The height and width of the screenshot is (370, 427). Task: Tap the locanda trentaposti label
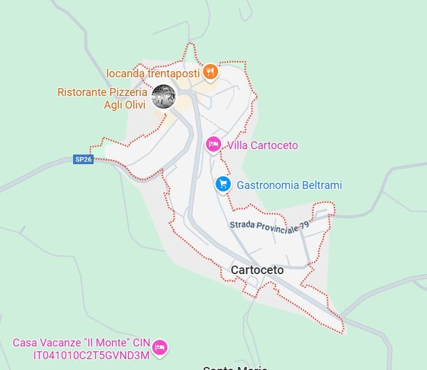[x=153, y=73]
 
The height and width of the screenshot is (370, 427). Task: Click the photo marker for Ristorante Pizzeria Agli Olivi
[x=163, y=97]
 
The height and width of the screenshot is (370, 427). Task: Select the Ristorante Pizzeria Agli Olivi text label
[x=102, y=98]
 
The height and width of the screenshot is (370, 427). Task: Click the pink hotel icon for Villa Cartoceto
[x=213, y=144]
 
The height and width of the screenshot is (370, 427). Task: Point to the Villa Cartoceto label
[x=262, y=145]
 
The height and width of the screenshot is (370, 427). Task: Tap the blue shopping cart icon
[x=223, y=184]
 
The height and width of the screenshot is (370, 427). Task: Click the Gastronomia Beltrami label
[x=289, y=185]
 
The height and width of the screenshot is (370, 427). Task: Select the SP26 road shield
[x=83, y=159]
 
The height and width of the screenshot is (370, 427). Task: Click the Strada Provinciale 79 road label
[x=269, y=225]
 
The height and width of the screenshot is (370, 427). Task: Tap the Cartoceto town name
[x=257, y=270]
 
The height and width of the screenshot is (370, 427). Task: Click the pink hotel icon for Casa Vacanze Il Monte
[x=160, y=347]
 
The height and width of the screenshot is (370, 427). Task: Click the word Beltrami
[x=320, y=185]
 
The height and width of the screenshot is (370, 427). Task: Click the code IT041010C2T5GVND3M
[x=91, y=354]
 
